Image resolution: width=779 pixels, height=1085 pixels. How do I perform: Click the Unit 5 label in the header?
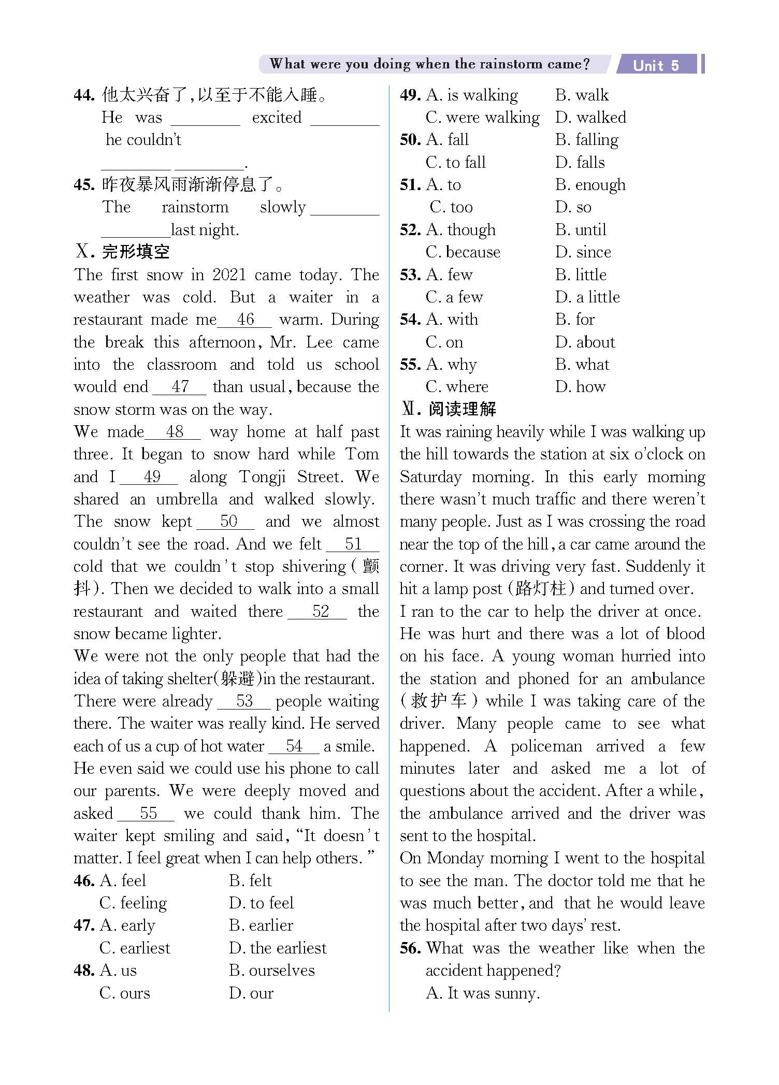[656, 65]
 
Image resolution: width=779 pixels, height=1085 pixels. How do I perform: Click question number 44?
[84, 95]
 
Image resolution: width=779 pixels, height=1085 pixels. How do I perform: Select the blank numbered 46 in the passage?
[245, 320]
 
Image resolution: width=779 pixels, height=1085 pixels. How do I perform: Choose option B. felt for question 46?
[250, 881]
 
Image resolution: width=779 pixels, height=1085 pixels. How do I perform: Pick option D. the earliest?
[278, 948]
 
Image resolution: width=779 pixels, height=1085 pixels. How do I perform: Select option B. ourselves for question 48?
[271, 971]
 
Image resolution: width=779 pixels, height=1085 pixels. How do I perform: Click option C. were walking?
[482, 118]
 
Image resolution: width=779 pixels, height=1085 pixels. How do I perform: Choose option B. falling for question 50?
[587, 140]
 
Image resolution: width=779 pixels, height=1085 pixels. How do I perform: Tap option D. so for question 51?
[573, 208]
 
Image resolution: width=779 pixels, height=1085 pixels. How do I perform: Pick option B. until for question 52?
[581, 230]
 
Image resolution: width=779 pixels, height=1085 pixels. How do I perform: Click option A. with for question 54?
[452, 320]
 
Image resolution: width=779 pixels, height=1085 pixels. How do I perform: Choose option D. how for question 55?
[580, 387]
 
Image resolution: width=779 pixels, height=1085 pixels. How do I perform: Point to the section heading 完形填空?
[135, 253]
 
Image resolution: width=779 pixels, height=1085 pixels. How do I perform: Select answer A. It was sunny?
[482, 993]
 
